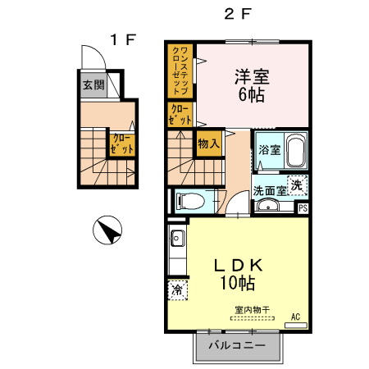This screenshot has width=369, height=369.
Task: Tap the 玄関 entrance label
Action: point(93,84)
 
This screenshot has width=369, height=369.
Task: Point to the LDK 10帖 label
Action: point(237,274)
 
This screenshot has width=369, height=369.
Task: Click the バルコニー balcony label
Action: point(236,346)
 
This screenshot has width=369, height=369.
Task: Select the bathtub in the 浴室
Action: point(294,152)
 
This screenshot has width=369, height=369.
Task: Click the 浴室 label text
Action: point(269,151)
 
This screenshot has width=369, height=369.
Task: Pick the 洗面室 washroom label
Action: point(270,190)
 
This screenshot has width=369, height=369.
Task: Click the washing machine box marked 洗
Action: point(298,185)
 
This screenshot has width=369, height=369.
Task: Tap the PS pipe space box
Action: point(303,207)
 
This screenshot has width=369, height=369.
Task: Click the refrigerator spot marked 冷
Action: point(177,289)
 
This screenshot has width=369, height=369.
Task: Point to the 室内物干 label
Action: point(250,310)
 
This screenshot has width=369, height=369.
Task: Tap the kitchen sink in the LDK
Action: point(177,239)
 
